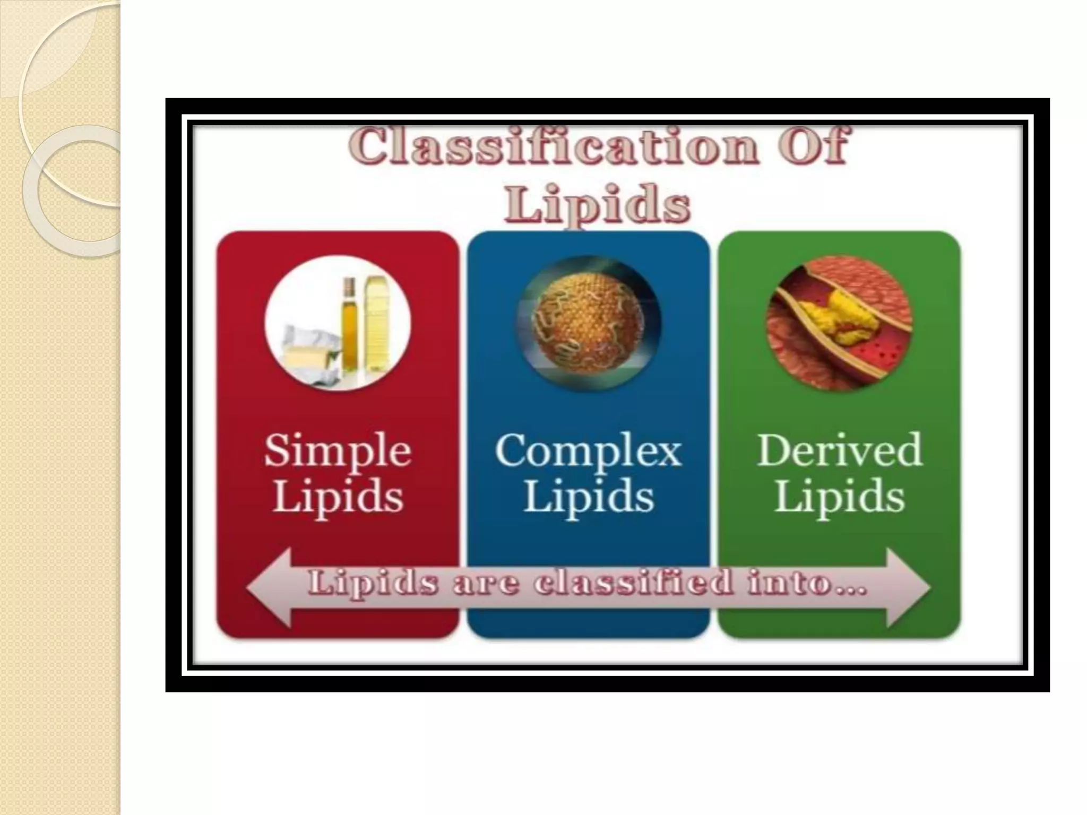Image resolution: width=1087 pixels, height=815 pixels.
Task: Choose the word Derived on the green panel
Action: pyautogui.click(x=839, y=451)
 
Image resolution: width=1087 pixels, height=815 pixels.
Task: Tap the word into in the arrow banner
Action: pyautogui.click(x=807, y=583)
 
